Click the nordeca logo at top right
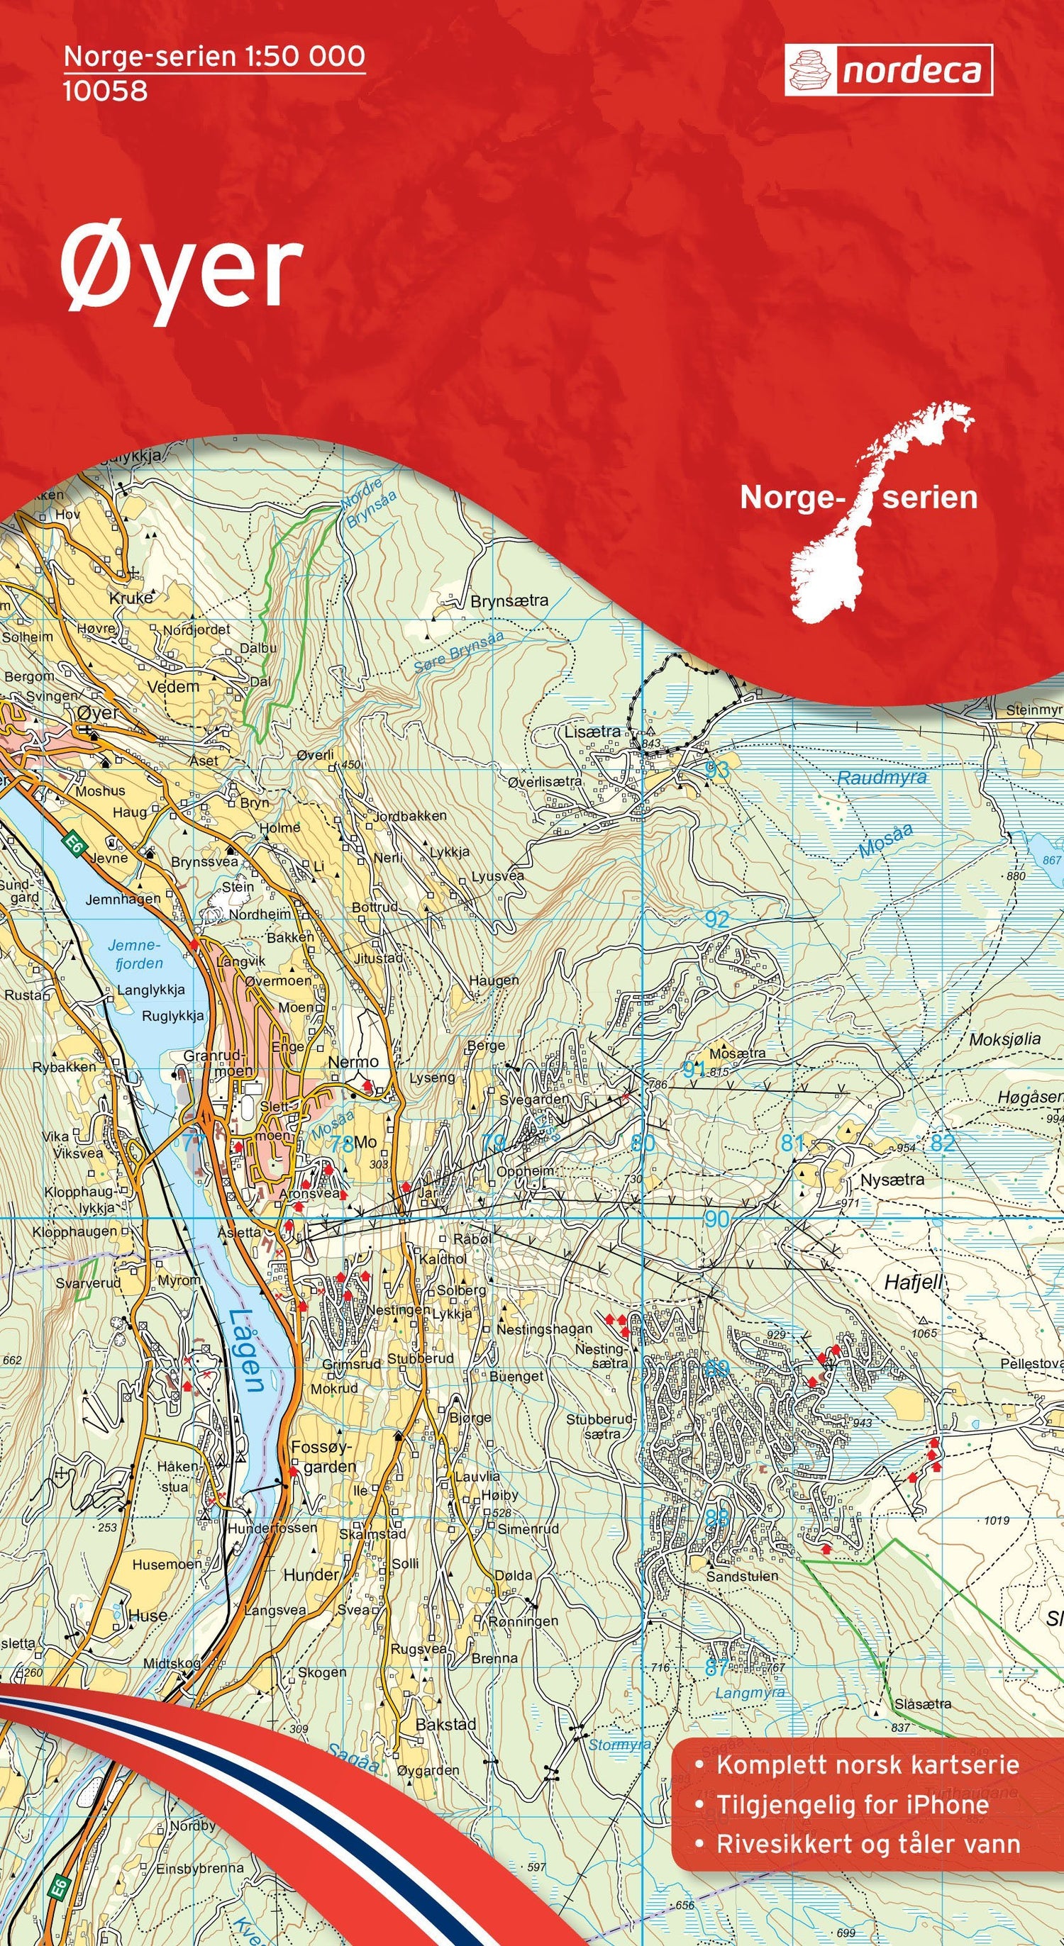point(888,70)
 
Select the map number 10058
point(105,91)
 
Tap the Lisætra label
point(592,732)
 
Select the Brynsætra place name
point(509,601)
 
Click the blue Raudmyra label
point(882,778)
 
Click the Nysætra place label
point(892,1178)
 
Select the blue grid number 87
point(716,1661)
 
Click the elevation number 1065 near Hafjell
point(924,1333)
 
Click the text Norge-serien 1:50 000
point(214,57)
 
